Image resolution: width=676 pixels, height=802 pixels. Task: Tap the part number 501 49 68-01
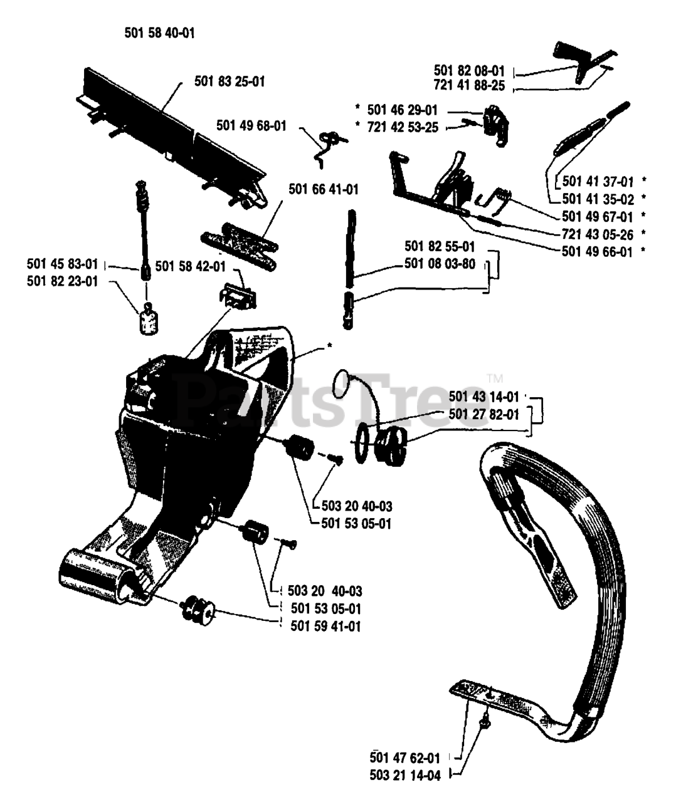click(251, 125)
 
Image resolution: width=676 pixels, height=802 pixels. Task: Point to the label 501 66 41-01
click(324, 189)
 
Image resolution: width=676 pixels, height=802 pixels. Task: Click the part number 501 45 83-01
click(63, 263)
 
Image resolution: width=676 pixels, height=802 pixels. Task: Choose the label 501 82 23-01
click(63, 281)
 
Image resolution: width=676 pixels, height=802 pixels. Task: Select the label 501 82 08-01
click(468, 70)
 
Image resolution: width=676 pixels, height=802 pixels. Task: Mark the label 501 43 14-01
click(483, 397)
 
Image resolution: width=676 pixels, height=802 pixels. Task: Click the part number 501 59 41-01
click(326, 625)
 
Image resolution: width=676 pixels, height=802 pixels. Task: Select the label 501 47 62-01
click(405, 758)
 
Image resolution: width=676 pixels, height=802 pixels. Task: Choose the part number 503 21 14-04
click(405, 776)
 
